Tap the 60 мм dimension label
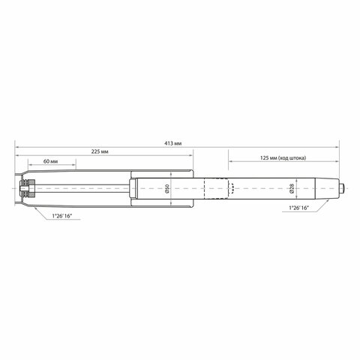point(51,161)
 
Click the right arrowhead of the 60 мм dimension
point(74,166)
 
